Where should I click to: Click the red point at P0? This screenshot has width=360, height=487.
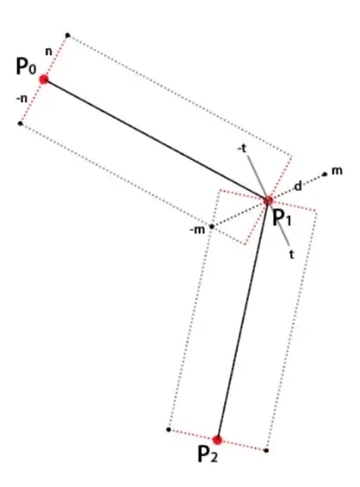coord(44,79)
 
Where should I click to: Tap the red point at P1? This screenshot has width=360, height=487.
coord(268,200)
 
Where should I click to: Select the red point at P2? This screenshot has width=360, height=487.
coord(218,440)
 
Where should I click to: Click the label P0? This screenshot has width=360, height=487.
coord(26,66)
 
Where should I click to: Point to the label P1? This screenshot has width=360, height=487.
coord(282,218)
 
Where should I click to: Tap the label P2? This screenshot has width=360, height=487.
coord(207,454)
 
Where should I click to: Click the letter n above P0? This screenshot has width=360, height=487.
coord(48,52)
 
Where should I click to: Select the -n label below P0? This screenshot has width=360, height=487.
coord(22,98)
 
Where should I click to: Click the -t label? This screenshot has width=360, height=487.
coord(242,149)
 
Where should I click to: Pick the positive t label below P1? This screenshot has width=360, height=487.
coord(291,255)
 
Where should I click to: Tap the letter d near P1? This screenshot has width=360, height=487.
coord(298,186)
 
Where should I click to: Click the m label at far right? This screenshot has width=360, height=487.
coord(337,171)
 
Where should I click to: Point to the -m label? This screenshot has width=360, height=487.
coord(197,231)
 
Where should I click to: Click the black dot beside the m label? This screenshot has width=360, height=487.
coord(325,174)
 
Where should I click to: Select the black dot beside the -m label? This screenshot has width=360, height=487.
coord(212,226)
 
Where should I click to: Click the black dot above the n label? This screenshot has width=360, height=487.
coord(67,35)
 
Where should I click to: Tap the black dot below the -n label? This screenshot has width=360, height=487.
coord(20,123)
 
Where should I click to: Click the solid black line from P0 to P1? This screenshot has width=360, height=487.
coord(156,140)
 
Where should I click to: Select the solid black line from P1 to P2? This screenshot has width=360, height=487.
coord(243,320)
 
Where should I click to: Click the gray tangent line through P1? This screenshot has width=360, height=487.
coord(268,199)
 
